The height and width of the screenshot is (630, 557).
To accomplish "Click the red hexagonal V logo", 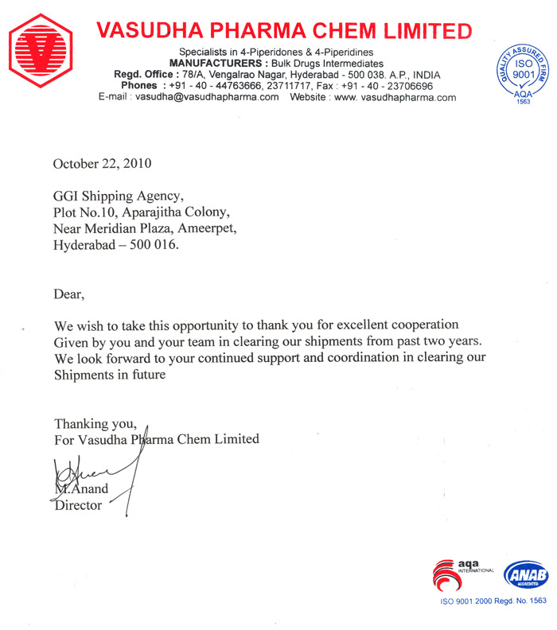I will point(41,52).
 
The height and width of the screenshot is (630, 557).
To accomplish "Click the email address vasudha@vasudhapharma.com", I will point(207,97).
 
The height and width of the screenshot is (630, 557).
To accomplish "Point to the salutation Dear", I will point(68,294).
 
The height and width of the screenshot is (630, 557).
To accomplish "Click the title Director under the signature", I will point(77,505).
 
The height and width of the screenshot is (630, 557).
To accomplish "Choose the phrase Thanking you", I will point(90,422).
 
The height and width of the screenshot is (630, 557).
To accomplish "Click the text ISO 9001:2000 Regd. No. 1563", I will point(493,602).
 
